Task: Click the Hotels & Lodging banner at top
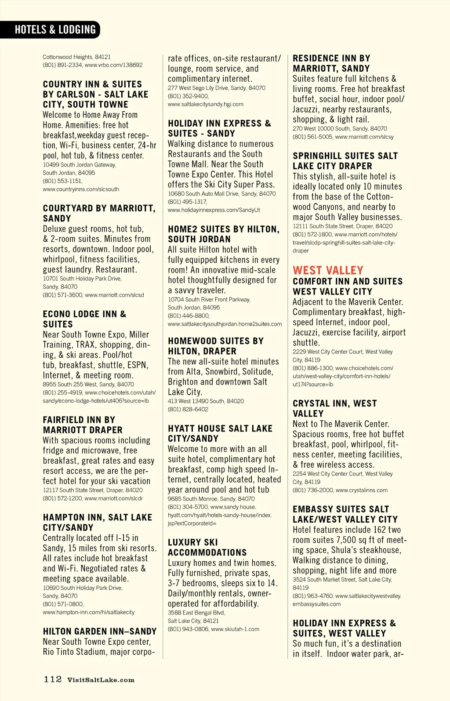click(x=55, y=29)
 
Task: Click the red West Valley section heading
click(x=328, y=270)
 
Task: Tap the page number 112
click(x=52, y=679)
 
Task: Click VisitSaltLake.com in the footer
click(x=101, y=680)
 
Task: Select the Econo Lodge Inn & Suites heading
click(x=84, y=319)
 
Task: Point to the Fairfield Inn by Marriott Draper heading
click(x=83, y=425)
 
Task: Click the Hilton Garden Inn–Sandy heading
click(x=100, y=632)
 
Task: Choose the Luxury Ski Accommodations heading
click(x=207, y=547)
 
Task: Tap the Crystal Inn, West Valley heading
click(x=334, y=408)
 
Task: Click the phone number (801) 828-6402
click(x=188, y=409)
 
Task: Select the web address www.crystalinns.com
click(x=361, y=490)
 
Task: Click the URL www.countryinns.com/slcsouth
click(x=81, y=189)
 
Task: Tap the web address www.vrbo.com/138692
click(x=113, y=65)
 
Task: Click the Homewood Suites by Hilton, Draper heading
click(x=216, y=346)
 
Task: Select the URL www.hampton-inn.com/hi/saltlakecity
click(x=88, y=612)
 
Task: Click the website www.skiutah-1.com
click(x=235, y=629)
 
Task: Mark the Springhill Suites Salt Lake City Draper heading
click(x=345, y=161)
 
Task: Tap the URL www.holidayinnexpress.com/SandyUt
click(x=214, y=210)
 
